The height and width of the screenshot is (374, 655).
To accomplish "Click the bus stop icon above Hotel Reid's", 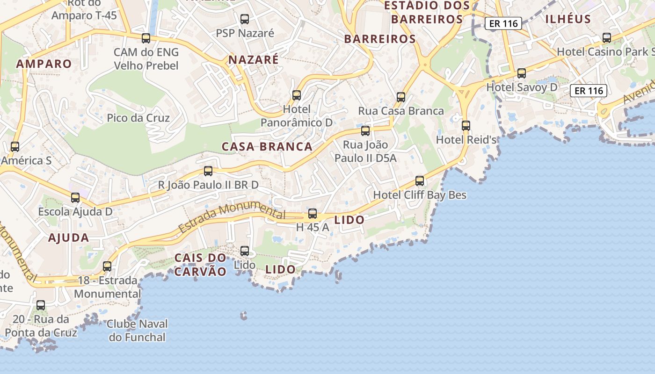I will coord(466,125).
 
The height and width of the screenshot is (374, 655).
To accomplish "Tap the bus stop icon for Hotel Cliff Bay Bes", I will coord(420,181).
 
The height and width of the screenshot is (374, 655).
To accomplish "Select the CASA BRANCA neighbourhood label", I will coord(267,147).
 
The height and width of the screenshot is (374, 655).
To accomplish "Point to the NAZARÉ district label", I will coord(253,60).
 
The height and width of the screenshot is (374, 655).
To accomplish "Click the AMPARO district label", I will coord(44,64).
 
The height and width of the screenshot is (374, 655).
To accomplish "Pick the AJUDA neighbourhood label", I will coord(68,238).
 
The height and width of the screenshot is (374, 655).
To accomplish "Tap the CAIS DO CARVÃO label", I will coord(200,265).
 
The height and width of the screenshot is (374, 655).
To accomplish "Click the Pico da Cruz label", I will coord(138,118).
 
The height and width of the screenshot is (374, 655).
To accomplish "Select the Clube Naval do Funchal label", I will coord(137,331).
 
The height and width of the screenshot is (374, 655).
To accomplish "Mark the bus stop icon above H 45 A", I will coord(313,214).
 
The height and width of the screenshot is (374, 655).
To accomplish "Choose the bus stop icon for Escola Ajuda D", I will coord(75,198).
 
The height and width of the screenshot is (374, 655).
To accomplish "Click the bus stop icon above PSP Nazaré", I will coord(245,19).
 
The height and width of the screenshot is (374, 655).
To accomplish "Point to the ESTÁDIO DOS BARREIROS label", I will coord(427,13).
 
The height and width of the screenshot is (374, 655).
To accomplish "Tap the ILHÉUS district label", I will coord(568,19).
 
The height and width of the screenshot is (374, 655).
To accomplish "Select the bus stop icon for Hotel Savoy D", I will coord(522,73).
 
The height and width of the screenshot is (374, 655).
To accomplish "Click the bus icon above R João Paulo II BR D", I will coord(208,171).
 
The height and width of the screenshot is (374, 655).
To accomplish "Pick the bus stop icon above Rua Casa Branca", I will coord(401,97).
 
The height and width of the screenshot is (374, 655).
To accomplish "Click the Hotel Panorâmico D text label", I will coord(296,116).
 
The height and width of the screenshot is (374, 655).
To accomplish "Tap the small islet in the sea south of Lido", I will coord(243,316).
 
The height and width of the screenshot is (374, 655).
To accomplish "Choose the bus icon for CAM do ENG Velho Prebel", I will coord(146,38).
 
